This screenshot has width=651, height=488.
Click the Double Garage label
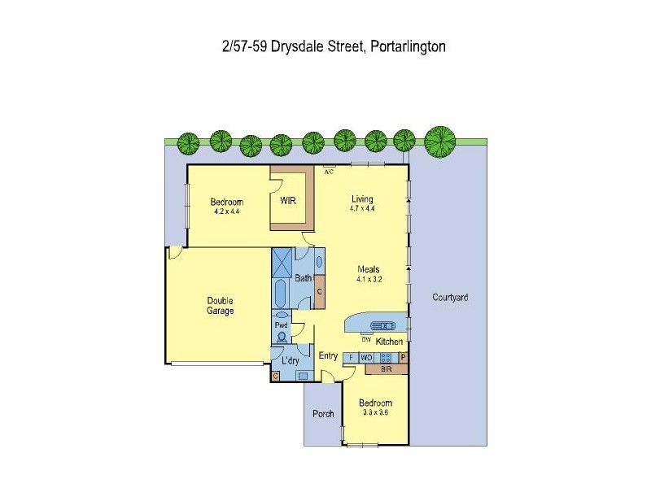click(220, 306)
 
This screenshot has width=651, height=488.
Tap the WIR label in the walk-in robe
click(288, 200)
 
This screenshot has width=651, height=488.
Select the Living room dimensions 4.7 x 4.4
click(362, 209)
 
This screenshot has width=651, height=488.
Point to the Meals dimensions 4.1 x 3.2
click(369, 279)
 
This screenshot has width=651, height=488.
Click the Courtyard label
click(450, 298)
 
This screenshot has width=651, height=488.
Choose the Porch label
click(323, 414)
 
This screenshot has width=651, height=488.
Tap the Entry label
click(328, 355)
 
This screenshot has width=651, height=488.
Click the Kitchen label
click(389, 342)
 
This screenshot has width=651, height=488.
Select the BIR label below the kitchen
click(387, 369)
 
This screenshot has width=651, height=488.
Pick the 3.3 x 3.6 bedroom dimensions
click(375, 413)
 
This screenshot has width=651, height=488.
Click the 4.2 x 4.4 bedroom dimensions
click(226, 211)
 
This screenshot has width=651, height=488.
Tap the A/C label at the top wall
click(329, 172)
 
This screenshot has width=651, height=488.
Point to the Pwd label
click(282, 325)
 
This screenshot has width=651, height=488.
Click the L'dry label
click(290, 360)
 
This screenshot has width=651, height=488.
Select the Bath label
click(303, 278)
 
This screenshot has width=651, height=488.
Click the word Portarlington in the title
click(408, 46)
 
